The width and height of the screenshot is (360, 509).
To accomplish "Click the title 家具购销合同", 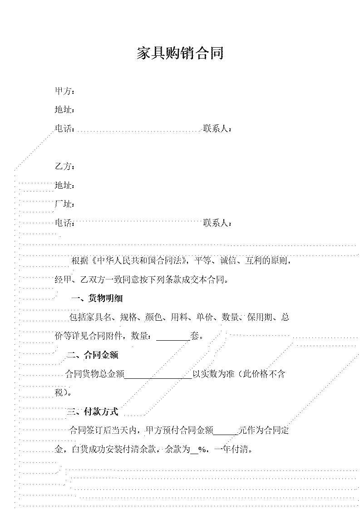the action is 180,53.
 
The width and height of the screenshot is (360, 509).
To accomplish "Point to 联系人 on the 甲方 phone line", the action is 216,128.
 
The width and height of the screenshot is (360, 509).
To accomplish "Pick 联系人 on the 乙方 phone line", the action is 216,223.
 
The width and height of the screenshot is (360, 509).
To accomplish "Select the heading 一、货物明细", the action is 97,298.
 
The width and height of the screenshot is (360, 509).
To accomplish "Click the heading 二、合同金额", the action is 93,355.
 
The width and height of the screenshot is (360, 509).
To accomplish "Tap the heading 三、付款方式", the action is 93,411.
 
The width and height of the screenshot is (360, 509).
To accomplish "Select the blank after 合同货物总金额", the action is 158,377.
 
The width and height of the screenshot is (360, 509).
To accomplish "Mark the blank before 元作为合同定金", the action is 226,434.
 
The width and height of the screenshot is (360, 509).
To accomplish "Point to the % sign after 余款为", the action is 202,450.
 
